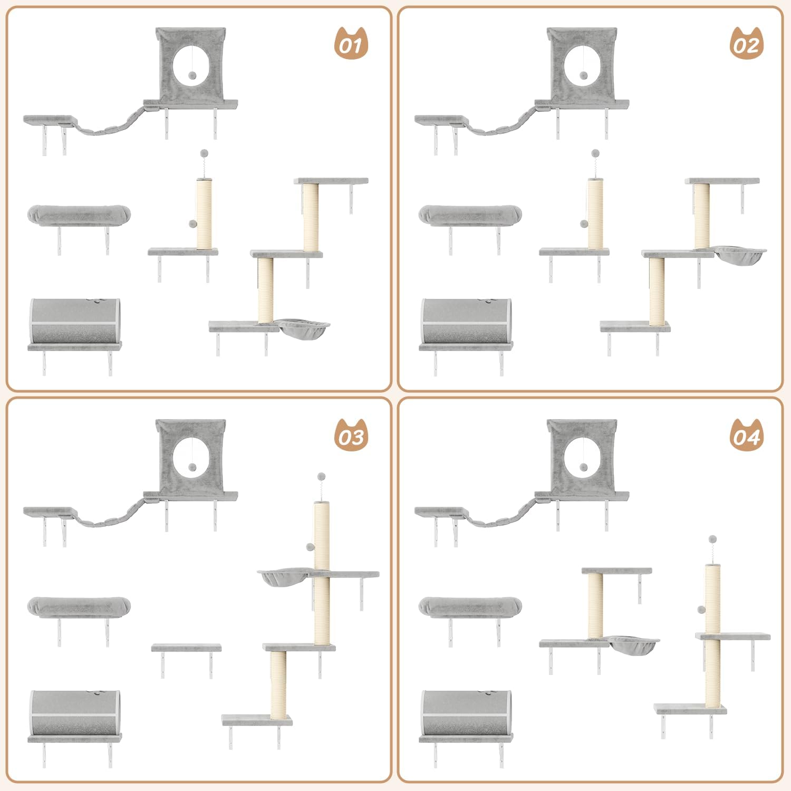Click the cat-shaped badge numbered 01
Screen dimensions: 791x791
[351, 43]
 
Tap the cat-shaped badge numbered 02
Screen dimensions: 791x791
[747, 43]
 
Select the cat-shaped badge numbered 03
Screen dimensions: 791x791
[351, 435]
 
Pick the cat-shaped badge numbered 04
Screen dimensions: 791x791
[747, 435]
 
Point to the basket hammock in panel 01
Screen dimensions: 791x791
[303, 328]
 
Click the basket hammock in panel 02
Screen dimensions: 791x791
[740, 255]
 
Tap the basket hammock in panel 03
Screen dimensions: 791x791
[284, 577]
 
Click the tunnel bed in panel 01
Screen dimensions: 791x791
[75, 322]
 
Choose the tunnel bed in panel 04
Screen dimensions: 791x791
[466, 713]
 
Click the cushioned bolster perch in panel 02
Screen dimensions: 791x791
[470, 216]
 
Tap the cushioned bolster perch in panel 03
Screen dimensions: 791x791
[79, 607]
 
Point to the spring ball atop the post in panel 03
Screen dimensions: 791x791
[321, 477]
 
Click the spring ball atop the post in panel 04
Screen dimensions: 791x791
[712, 539]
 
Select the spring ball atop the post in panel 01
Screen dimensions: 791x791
[204, 153]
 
